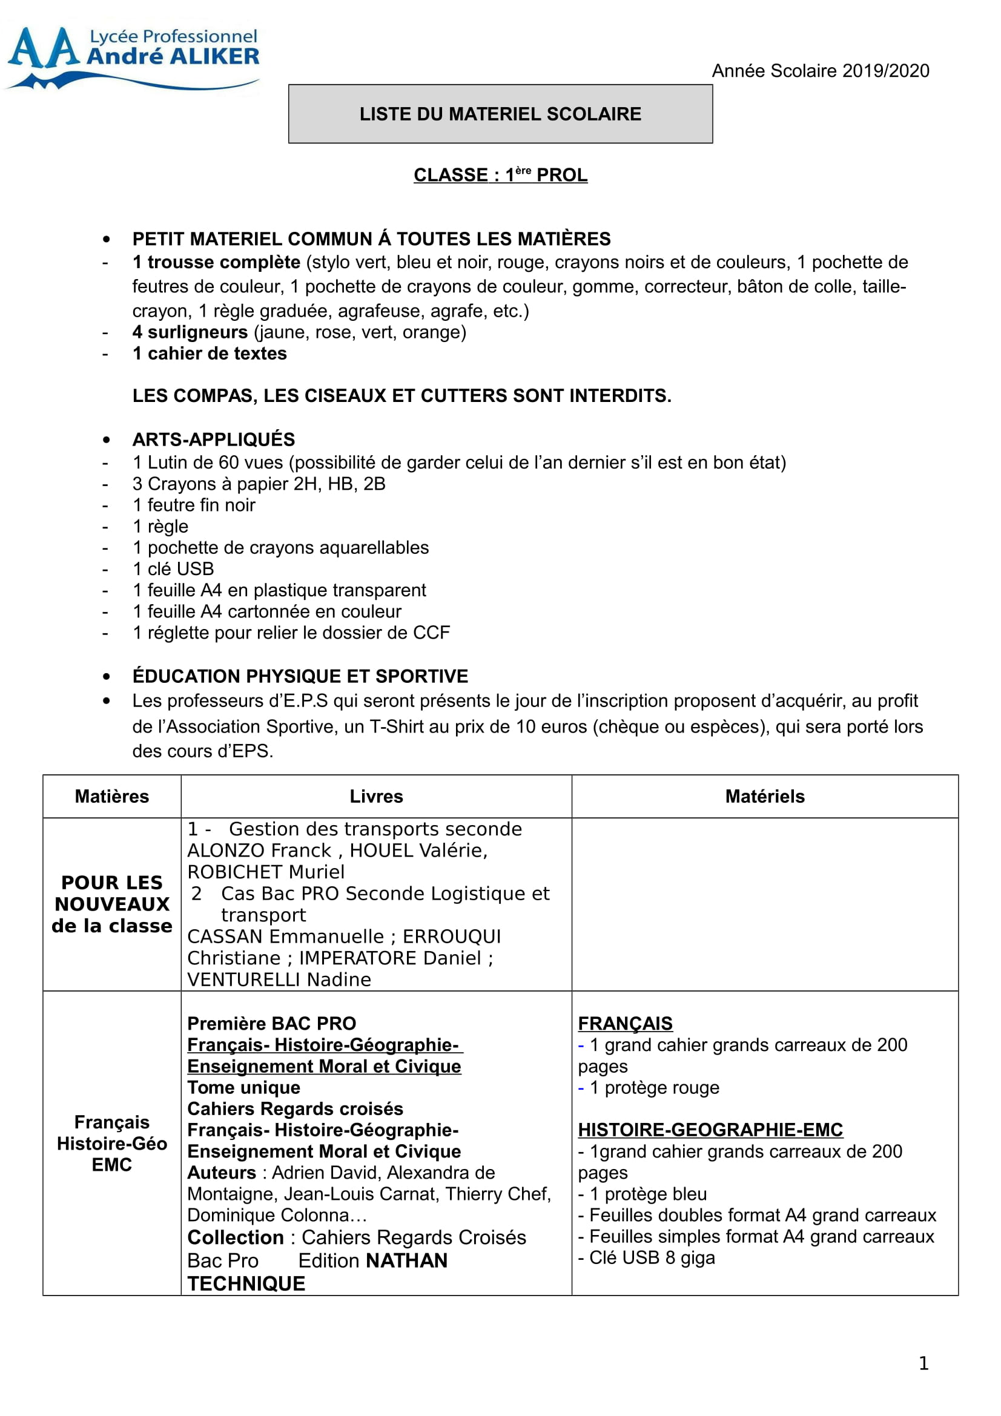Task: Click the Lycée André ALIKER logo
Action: (x=133, y=57)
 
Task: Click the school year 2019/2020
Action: (x=820, y=71)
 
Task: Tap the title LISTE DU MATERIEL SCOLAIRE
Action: (x=500, y=114)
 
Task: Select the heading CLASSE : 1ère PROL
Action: (x=500, y=175)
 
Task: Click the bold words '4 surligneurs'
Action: (x=190, y=332)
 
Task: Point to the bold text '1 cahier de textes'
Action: (x=210, y=354)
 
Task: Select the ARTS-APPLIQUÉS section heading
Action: (x=213, y=439)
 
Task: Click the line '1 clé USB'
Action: (x=173, y=568)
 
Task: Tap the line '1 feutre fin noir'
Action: (x=194, y=505)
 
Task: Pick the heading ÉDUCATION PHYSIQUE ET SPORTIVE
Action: (x=300, y=676)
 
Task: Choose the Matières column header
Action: (x=111, y=796)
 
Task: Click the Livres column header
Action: (x=376, y=796)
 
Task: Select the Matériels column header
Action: (x=765, y=796)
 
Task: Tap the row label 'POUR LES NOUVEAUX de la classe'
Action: (x=111, y=904)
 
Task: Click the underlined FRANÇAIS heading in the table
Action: (x=625, y=1023)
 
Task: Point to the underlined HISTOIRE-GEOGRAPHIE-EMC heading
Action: (x=710, y=1129)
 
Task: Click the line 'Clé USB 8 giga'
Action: (x=652, y=1257)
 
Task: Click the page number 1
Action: (x=923, y=1363)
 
